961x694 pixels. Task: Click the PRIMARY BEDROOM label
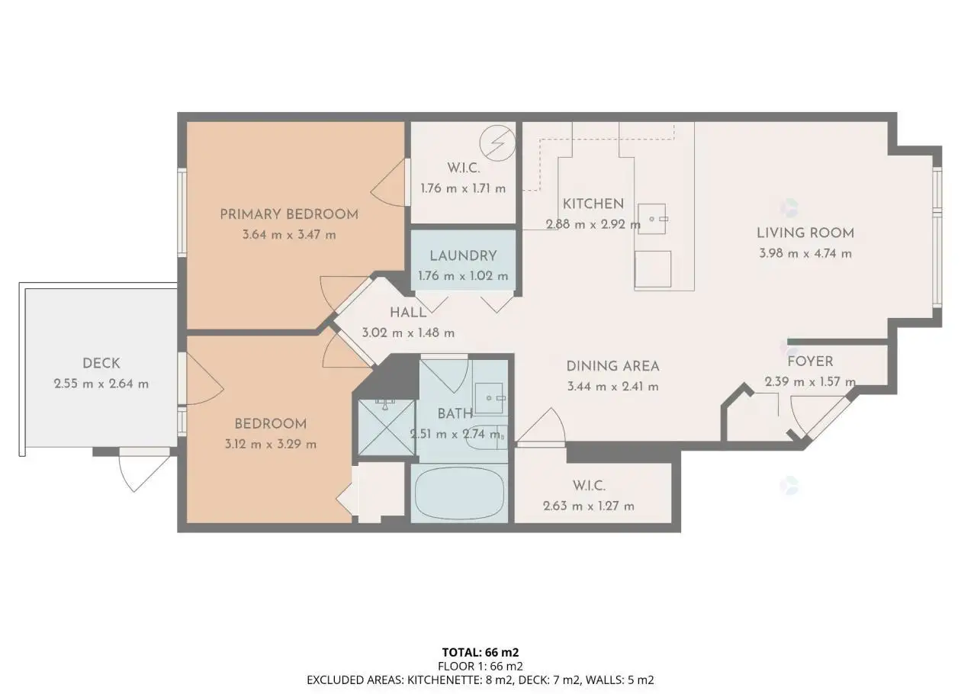click(x=289, y=214)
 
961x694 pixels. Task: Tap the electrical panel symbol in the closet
click(x=497, y=143)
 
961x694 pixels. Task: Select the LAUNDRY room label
click(x=464, y=256)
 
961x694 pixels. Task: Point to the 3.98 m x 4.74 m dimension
click(x=805, y=253)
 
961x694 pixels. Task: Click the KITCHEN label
click(x=593, y=204)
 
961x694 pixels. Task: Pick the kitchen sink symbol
click(x=652, y=219)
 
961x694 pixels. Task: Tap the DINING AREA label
click(x=612, y=366)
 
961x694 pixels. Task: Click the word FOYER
click(x=810, y=361)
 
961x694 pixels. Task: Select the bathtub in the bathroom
click(x=459, y=493)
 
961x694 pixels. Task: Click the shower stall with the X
click(x=387, y=427)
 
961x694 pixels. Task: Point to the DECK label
click(x=101, y=363)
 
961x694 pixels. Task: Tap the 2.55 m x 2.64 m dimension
click(x=101, y=384)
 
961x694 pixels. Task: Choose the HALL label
click(x=408, y=313)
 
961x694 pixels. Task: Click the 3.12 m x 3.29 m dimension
click(x=271, y=444)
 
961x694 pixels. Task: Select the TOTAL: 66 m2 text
click(x=480, y=652)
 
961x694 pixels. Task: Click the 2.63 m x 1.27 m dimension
click(x=589, y=506)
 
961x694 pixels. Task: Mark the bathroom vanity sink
click(x=490, y=398)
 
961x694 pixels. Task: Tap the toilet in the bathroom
click(x=487, y=437)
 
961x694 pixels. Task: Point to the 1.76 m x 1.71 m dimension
click(x=464, y=188)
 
